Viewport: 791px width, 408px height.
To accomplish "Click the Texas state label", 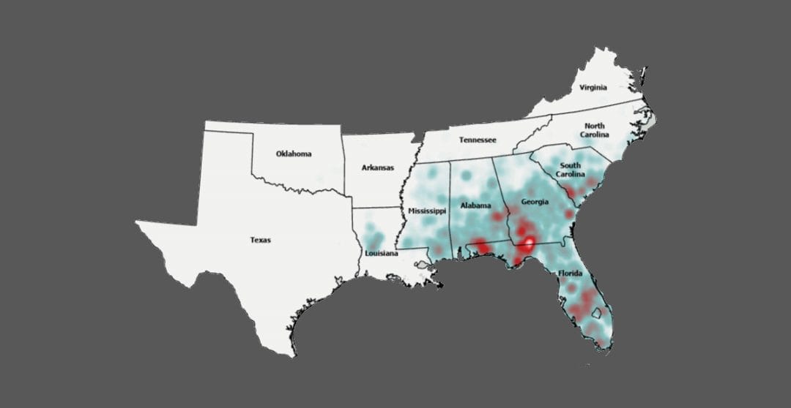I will pyautogui.click(x=260, y=240).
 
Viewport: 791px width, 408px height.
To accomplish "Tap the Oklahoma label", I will pyautogui.click(x=294, y=154).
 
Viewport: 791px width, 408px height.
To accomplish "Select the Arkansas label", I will pyautogui.click(x=377, y=167).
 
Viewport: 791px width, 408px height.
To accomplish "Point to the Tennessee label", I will pyautogui.click(x=478, y=140).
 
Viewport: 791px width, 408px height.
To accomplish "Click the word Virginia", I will pyautogui.click(x=593, y=87).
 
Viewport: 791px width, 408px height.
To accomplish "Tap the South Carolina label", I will pyautogui.click(x=570, y=170).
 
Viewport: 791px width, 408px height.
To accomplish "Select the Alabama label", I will pyautogui.click(x=475, y=205).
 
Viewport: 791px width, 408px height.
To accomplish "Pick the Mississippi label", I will pyautogui.click(x=427, y=211).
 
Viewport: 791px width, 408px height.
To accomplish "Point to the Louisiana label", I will pyautogui.click(x=382, y=254).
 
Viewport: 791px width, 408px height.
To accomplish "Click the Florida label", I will pyautogui.click(x=571, y=273).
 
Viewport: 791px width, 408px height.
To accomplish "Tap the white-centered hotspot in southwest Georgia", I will pyautogui.click(x=526, y=246).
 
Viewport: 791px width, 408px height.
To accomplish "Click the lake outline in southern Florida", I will pyautogui.click(x=596, y=313).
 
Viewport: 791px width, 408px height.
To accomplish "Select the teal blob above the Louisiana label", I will pyautogui.click(x=375, y=238).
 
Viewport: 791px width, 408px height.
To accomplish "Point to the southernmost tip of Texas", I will pyautogui.click(x=293, y=355).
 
